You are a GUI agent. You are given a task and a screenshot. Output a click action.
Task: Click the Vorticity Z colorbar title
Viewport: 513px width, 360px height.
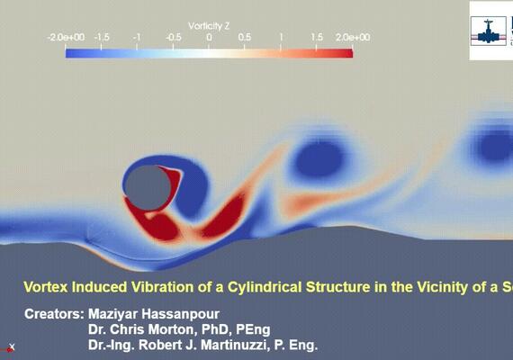(x=209, y=25)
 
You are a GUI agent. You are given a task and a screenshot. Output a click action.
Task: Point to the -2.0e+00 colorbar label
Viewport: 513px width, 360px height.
(x=67, y=38)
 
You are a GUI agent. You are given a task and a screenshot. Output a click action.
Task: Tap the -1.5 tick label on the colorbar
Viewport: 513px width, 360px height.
(x=103, y=38)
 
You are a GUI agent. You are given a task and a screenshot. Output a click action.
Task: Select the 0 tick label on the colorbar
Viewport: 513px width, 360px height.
(x=209, y=38)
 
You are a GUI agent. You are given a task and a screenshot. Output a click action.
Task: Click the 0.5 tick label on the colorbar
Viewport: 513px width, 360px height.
(x=245, y=38)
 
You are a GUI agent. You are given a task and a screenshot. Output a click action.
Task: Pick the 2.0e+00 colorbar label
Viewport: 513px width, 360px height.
(x=352, y=38)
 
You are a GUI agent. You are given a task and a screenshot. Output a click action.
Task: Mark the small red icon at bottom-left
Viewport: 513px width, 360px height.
(x=11, y=347)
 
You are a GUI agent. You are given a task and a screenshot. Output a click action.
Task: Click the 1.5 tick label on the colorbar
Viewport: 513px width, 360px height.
(x=317, y=38)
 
